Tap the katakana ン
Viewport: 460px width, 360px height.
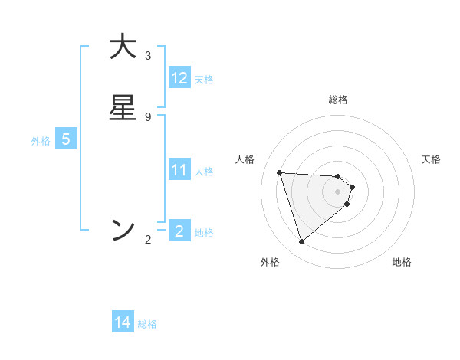click(x=123, y=230)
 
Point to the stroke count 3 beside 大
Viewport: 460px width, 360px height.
click(x=148, y=56)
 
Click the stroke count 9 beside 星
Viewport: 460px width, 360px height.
click(x=148, y=116)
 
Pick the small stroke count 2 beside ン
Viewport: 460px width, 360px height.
click(x=148, y=240)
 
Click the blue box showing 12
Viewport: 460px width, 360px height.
click(x=179, y=78)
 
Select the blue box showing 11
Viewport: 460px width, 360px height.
click(x=179, y=170)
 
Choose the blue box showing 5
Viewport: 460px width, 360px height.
click(x=66, y=140)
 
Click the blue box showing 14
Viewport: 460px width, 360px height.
click(x=123, y=323)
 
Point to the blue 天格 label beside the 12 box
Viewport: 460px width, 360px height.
click(x=204, y=80)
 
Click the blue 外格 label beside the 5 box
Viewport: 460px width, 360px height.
click(x=41, y=141)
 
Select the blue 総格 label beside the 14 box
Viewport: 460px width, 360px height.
click(x=147, y=324)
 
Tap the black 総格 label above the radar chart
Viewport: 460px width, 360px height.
click(x=338, y=100)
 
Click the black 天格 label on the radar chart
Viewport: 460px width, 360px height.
click(x=432, y=159)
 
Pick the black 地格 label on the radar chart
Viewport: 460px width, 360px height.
click(x=402, y=262)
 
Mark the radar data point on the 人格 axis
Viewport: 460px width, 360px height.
click(x=280, y=172)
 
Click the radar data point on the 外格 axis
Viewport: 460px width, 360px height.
click(x=301, y=242)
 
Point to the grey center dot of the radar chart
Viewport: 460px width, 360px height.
click(x=338, y=201)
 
